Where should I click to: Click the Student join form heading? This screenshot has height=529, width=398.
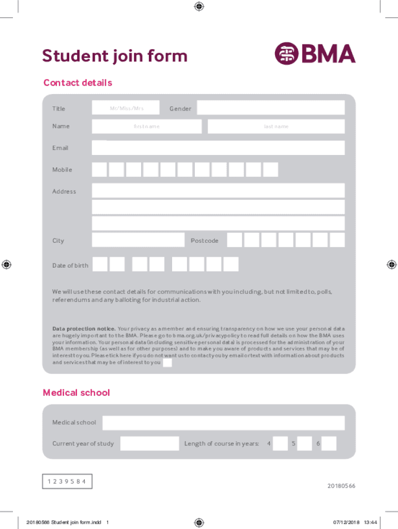click(x=115, y=56)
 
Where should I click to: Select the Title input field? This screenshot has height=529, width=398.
click(x=126, y=108)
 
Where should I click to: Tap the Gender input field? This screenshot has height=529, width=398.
click(x=270, y=107)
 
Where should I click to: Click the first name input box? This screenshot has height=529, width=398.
click(x=147, y=127)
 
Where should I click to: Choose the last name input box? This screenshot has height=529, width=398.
click(x=276, y=127)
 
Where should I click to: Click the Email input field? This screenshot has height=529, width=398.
click(x=218, y=148)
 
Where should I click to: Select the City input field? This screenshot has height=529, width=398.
click(x=138, y=240)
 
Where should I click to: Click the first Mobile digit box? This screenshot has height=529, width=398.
click(x=100, y=169)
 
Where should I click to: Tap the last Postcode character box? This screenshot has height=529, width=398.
click(x=337, y=240)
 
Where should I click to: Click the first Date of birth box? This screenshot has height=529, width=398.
click(x=100, y=264)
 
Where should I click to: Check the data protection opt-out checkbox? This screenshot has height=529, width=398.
click(x=167, y=363)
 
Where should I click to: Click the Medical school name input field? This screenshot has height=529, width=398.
click(x=223, y=423)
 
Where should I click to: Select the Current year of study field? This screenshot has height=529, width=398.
click(x=149, y=443)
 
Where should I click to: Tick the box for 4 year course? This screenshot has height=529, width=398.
click(x=280, y=443)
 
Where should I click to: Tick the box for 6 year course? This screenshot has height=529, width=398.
click(x=329, y=443)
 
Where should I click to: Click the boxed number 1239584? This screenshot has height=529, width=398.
click(x=67, y=481)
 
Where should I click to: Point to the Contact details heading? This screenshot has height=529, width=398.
click(x=78, y=83)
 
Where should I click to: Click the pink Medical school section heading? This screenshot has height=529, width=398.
click(x=76, y=393)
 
